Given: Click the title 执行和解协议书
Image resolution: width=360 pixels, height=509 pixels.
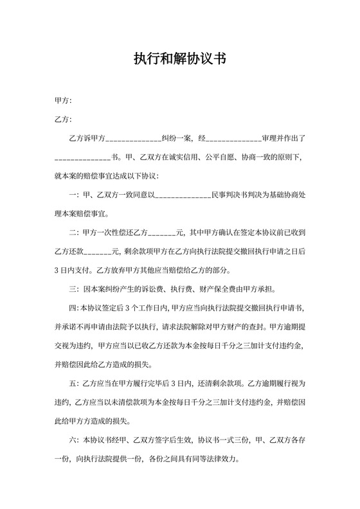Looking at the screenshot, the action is pyautogui.click(x=179, y=59).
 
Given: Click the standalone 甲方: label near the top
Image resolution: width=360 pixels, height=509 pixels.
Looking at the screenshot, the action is pyautogui.click(x=63, y=101).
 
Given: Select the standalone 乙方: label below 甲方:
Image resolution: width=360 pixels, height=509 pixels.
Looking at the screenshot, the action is pyautogui.click(x=63, y=120).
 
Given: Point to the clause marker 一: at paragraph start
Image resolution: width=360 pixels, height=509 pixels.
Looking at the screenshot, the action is pyautogui.click(x=73, y=195).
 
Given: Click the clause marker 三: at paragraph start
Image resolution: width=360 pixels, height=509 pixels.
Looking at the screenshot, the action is pyautogui.click(x=73, y=288).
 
